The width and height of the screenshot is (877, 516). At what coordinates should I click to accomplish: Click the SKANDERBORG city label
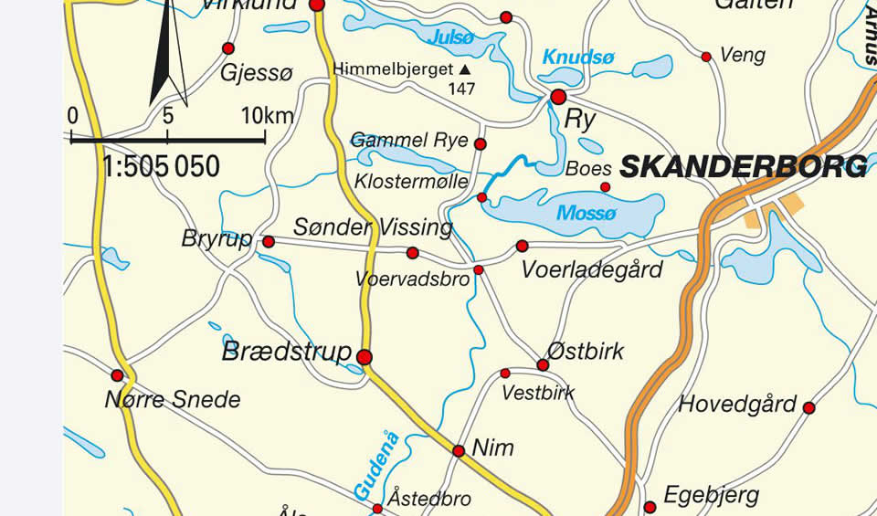pyautogui.click(x=743, y=166)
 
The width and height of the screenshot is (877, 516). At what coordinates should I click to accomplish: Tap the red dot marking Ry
pyautogui.click(x=558, y=97)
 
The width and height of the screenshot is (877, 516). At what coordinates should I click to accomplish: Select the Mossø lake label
pyautogui.click(x=587, y=214)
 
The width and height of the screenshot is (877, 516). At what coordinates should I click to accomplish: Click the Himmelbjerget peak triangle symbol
pyautogui.click(x=465, y=69)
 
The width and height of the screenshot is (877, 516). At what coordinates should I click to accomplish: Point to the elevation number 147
pyautogui.click(x=461, y=89)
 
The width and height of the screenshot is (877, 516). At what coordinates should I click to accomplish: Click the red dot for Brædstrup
pyautogui.click(x=365, y=357)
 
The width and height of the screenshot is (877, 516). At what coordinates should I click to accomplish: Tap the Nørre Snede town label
pyautogui.click(x=173, y=399)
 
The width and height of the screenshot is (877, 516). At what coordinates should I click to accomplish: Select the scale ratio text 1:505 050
pyautogui.click(x=162, y=167)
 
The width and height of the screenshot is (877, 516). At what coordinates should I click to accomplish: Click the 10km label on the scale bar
pyautogui.click(x=268, y=116)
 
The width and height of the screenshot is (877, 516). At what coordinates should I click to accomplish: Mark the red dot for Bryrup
pyautogui.click(x=269, y=242)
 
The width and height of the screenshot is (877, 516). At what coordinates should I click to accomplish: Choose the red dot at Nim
pyautogui.click(x=459, y=450)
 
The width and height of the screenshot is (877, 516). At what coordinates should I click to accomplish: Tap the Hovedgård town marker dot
pyautogui.click(x=808, y=407)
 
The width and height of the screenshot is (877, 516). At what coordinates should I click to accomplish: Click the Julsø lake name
pyautogui.click(x=451, y=37)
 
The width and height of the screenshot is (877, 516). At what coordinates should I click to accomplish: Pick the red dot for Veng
pyautogui.click(x=706, y=57)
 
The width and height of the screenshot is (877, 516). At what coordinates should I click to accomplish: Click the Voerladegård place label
pyautogui.click(x=591, y=270)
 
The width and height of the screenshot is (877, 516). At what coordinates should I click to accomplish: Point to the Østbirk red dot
pyautogui.click(x=543, y=365)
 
